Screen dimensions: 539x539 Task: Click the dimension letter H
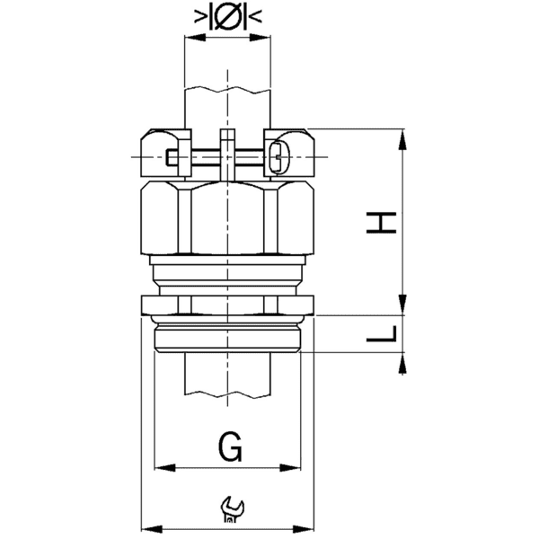click(383, 222)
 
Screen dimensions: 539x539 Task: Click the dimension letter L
click(383, 334)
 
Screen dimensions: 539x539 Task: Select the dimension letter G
click(229, 446)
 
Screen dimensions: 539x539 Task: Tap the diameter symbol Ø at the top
click(228, 16)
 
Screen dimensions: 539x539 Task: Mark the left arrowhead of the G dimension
click(162, 467)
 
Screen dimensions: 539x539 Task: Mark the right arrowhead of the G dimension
click(296, 467)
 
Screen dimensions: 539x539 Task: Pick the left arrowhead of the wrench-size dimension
click(149, 527)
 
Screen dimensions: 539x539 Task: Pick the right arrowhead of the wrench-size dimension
click(308, 527)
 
